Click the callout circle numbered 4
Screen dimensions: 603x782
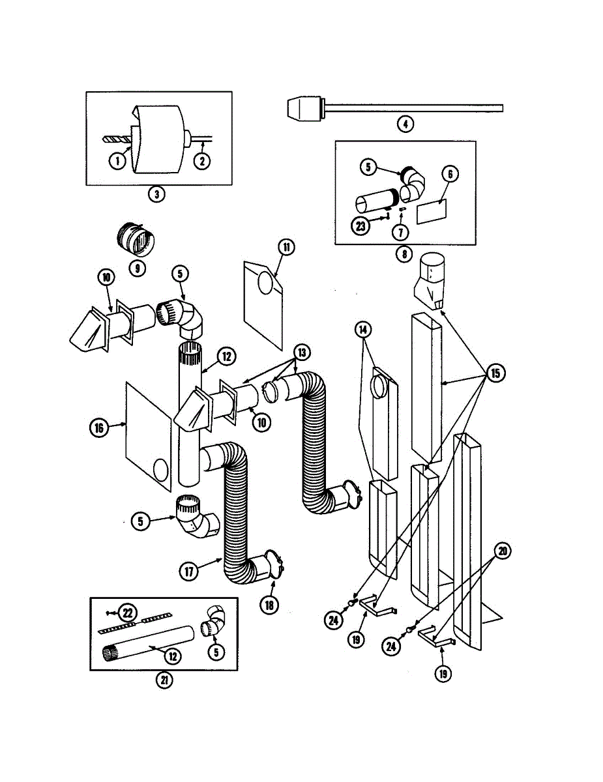click(405, 124)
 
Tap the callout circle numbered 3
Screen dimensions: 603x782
click(156, 194)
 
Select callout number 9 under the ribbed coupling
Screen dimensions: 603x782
click(137, 268)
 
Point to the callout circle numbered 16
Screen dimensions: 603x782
click(99, 427)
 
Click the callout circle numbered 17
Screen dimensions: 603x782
click(189, 571)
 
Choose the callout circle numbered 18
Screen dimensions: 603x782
click(269, 605)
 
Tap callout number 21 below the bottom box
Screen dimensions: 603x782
click(164, 680)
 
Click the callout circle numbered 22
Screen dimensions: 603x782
click(127, 613)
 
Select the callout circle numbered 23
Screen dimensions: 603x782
click(360, 226)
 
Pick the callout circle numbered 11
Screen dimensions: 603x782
click(286, 247)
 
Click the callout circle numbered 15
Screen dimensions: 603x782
click(495, 373)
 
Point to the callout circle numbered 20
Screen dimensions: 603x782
click(503, 551)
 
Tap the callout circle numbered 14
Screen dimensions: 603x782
click(363, 330)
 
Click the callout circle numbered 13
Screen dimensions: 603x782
click(302, 353)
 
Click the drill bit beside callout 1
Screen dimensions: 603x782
click(117, 139)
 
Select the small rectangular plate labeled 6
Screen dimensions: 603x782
click(432, 212)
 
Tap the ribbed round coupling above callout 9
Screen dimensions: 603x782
click(136, 239)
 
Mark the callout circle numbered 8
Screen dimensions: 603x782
click(404, 254)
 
